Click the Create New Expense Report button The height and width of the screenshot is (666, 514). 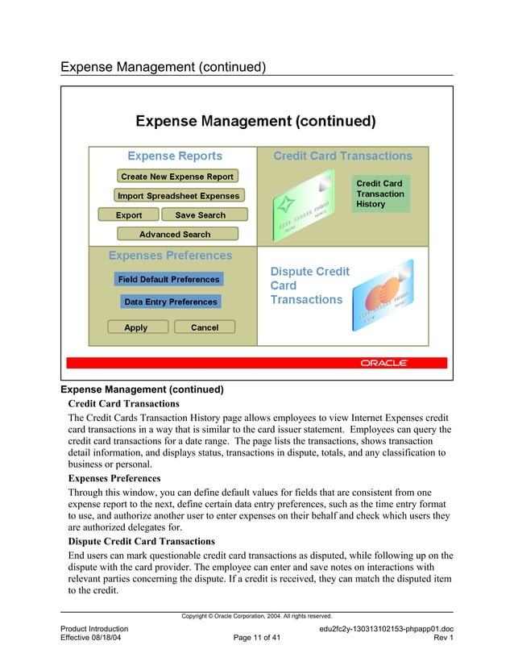pos(176,177)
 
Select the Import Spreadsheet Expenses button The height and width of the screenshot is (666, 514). pos(178,196)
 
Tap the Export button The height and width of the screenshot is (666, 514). pos(128,215)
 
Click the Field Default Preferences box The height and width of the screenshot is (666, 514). pos(168,279)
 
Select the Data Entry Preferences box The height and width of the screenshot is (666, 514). pos(170,302)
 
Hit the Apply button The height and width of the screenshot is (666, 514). pos(136,327)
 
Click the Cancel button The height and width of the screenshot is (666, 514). pos(205,327)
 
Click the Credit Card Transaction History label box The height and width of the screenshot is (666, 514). pos(380,194)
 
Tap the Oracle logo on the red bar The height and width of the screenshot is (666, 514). pos(383,363)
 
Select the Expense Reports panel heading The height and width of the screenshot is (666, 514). pos(175,156)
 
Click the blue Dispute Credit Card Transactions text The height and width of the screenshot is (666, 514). pos(309,285)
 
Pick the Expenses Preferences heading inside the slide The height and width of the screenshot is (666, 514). pos(170,256)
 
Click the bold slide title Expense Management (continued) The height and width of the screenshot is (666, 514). pos(255,122)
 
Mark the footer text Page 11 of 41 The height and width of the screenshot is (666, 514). pos(256,638)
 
